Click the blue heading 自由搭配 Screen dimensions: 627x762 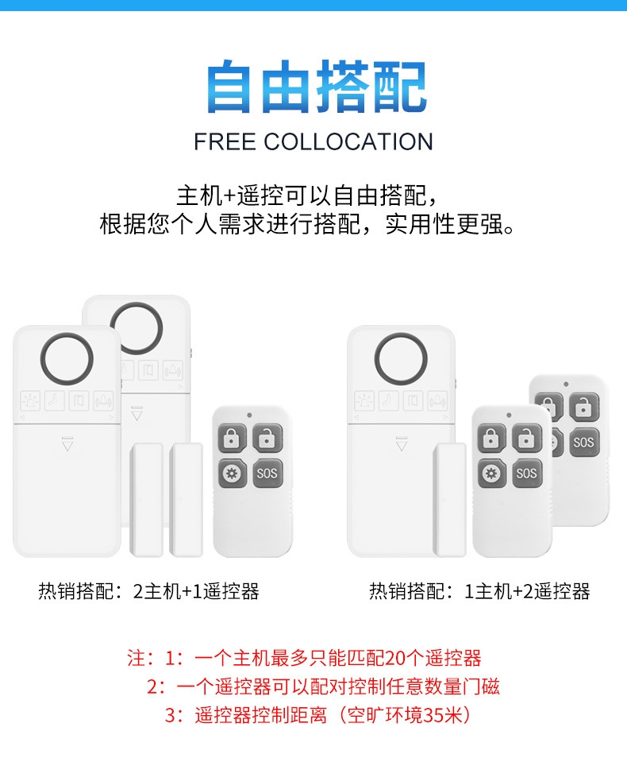tap(317, 87)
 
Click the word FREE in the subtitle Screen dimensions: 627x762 tap(225, 142)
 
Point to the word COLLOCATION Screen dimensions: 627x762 tap(348, 142)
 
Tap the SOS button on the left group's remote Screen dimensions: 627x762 tap(267, 473)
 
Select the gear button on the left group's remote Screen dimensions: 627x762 tap(232, 473)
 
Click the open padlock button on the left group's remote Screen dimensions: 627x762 tap(267, 438)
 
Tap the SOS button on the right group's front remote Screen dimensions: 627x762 tap(526, 473)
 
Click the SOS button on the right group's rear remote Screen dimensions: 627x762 tap(584, 443)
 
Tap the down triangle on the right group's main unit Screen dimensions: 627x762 tap(402, 443)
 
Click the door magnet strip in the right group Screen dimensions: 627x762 tap(450, 500)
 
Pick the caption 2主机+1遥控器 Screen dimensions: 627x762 tap(196, 591)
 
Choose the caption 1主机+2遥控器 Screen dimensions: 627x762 tap(527, 591)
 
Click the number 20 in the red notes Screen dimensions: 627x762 tap(395, 658)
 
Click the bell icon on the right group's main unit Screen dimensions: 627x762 tap(437, 401)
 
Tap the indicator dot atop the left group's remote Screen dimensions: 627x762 tap(249, 416)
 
